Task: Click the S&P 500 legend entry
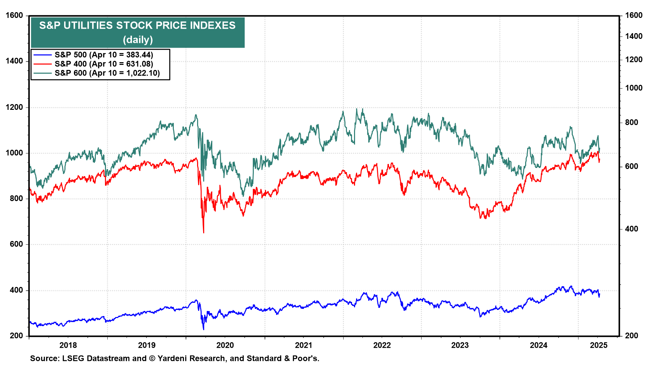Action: (x=104, y=55)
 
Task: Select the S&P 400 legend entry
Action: (x=104, y=64)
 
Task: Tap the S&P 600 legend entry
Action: (x=107, y=73)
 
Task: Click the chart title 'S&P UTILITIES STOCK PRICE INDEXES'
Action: (x=137, y=26)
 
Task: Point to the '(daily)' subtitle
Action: (x=138, y=40)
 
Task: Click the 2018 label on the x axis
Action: (x=68, y=345)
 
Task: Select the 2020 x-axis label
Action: (x=225, y=345)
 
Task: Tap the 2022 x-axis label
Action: (x=382, y=345)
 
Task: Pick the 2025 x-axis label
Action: (x=598, y=345)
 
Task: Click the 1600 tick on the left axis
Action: (x=15, y=16)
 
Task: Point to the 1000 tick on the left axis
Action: (x=15, y=153)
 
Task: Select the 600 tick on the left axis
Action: (x=16, y=244)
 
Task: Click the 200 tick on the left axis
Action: (x=16, y=336)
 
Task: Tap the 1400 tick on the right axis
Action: (x=633, y=36)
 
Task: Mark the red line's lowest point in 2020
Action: (x=204, y=233)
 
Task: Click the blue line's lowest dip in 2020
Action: (x=204, y=330)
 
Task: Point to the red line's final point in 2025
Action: (x=599, y=160)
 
